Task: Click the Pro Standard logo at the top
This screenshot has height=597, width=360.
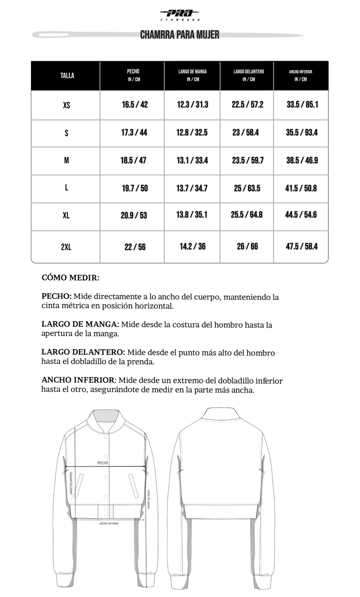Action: pos(180,14)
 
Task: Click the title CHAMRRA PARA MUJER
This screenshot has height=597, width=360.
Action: pos(180,35)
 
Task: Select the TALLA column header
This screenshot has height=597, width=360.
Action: pos(67,76)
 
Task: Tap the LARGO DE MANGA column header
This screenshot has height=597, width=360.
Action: pos(193,75)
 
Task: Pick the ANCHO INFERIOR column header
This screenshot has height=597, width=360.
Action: pos(301,75)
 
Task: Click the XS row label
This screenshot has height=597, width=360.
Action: pos(67,105)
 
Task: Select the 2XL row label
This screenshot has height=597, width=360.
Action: pos(66,247)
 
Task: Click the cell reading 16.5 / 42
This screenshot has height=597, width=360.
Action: pos(135,105)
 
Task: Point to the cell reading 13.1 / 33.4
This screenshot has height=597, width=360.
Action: pos(192,160)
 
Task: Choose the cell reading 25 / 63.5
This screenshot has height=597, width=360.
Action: pos(247,188)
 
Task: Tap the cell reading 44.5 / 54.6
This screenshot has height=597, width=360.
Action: pos(301,215)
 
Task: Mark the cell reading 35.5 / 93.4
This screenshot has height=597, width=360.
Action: pos(302,133)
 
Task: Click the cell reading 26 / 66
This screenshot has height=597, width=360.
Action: pos(247,246)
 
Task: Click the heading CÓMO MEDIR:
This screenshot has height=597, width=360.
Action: pos(71,278)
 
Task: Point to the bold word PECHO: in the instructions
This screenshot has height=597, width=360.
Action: pos(57,296)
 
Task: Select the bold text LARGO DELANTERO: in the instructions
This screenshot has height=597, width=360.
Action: pos(83,352)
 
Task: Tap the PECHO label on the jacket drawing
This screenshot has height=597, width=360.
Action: pos(103,463)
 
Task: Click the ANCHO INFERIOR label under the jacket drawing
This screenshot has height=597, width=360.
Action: pos(109,523)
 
